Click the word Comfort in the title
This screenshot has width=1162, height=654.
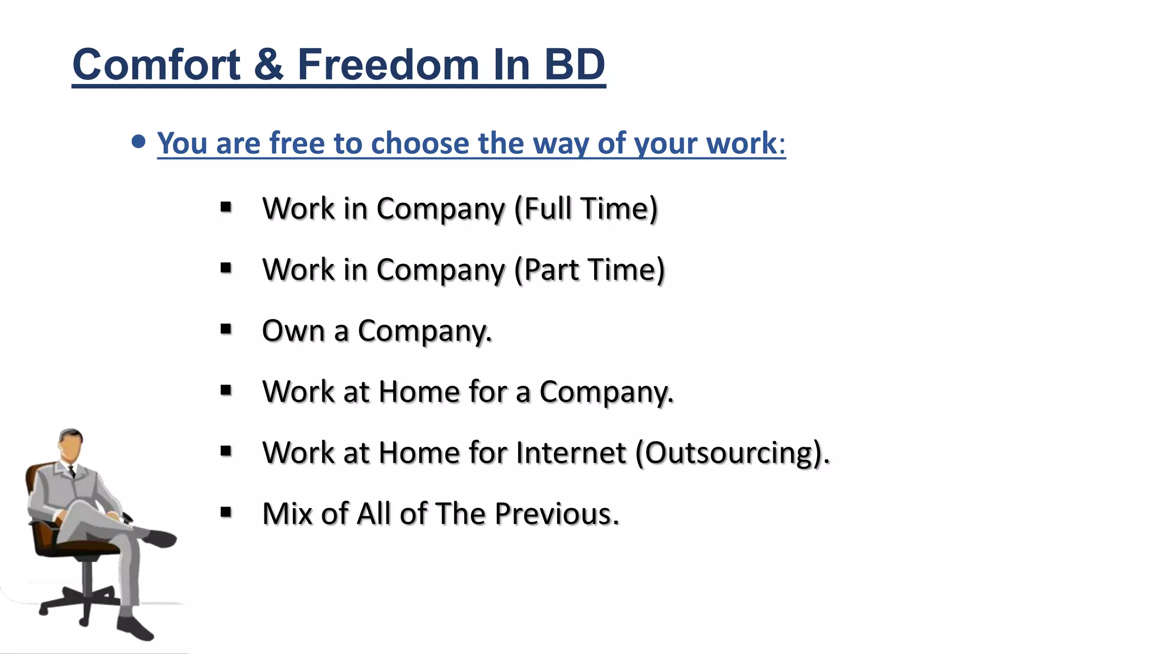coord(157,65)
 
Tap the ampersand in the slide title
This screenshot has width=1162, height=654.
coord(268,65)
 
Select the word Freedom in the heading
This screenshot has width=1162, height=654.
coord(389,65)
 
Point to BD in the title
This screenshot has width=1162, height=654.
coord(574,65)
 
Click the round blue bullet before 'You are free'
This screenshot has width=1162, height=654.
coord(138,141)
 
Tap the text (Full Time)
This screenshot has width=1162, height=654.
coord(586,209)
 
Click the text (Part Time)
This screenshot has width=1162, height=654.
coord(589,270)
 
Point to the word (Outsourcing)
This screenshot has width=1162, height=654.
coord(732,453)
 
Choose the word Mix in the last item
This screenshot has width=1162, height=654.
coord(286,514)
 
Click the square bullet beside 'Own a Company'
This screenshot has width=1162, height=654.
coord(226,329)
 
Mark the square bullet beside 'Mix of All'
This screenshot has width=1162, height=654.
coord(226,513)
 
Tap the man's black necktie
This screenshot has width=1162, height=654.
coord(72,471)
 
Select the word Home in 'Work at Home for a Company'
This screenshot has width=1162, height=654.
coord(419,392)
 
